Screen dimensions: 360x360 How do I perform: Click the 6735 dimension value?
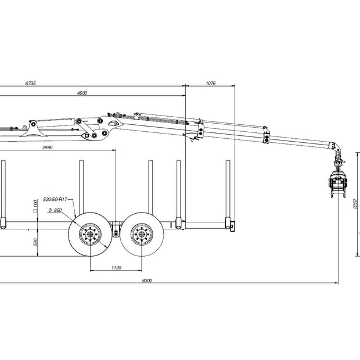pyautogui.click(x=31, y=84)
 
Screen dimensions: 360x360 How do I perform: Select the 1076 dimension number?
pyautogui.click(x=211, y=84)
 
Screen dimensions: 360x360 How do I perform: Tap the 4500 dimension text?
pyautogui.click(x=82, y=93)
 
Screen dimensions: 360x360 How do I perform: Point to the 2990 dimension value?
pyautogui.click(x=47, y=147)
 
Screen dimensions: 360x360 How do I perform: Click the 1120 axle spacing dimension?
pyautogui.click(x=116, y=268)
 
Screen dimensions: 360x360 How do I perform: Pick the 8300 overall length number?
pyautogui.click(x=147, y=280)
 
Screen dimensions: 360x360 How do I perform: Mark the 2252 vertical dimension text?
pyautogui.click(x=355, y=204)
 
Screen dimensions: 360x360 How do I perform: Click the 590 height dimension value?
pyautogui.click(x=35, y=242)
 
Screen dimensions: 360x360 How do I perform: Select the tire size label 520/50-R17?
pyautogui.click(x=55, y=199)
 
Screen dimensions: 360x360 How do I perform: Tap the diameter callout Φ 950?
pyautogui.click(x=55, y=210)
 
